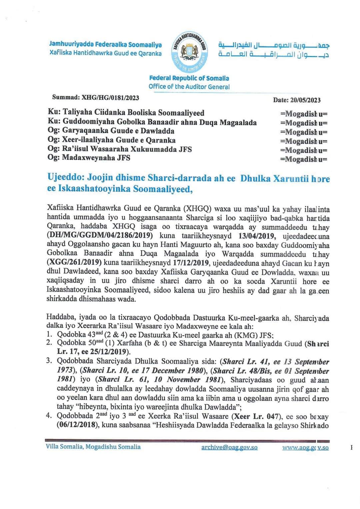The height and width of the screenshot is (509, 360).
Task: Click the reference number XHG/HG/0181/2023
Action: pyautogui.click(x=110, y=98)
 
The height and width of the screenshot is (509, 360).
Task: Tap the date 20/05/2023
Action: pyautogui.click(x=305, y=100)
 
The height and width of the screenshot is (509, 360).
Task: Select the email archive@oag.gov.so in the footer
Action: pyautogui.click(x=229, y=447)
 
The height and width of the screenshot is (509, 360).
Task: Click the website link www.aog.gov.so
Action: pyautogui.click(x=305, y=448)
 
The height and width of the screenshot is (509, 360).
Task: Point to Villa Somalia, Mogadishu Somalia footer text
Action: pyautogui.click(x=93, y=447)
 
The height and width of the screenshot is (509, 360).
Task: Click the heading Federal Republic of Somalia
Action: pyautogui.click(x=189, y=78)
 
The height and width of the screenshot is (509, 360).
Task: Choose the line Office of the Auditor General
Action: pyautogui.click(x=189, y=87)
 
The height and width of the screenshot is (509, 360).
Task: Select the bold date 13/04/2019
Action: pyautogui.click(x=257, y=236)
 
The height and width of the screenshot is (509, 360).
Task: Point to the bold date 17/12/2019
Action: pyautogui.click(x=191, y=263)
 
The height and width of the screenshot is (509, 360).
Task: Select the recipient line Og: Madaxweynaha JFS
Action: pyautogui.click(x=89, y=158)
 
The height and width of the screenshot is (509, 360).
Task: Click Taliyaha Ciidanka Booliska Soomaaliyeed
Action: pyautogui.click(x=133, y=113)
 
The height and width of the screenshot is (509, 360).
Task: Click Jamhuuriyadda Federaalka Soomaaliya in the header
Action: pyautogui.click(x=105, y=44)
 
